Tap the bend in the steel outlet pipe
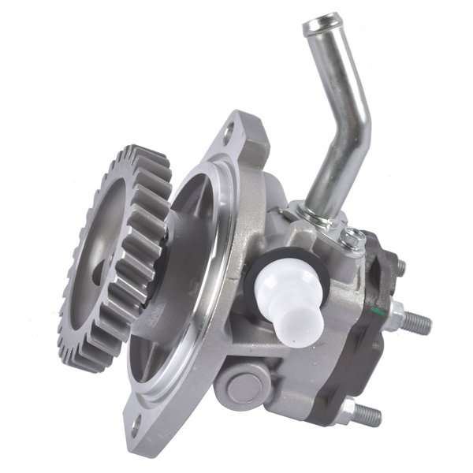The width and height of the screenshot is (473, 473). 353,118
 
